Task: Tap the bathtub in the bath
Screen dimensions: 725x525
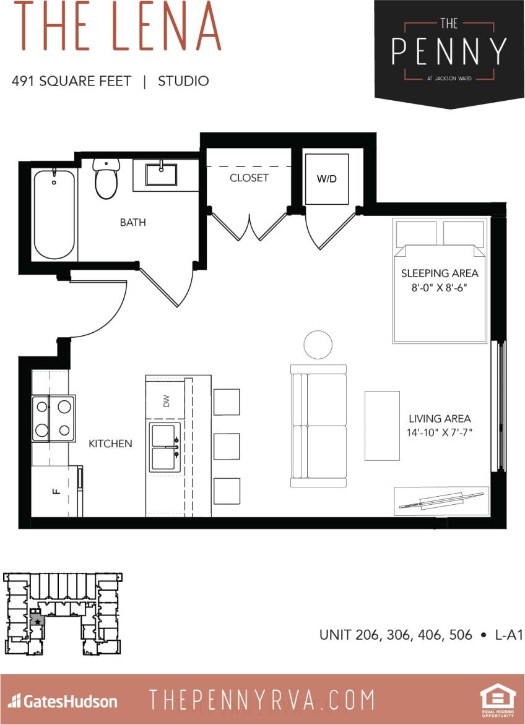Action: pyautogui.click(x=54, y=213)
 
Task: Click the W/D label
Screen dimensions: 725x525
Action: pyautogui.click(x=327, y=179)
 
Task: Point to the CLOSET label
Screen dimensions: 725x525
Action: pyautogui.click(x=249, y=178)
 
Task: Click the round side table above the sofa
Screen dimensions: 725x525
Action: pyautogui.click(x=318, y=345)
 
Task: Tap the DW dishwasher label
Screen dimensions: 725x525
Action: pyautogui.click(x=166, y=401)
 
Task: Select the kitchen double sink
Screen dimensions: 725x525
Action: pyautogui.click(x=163, y=448)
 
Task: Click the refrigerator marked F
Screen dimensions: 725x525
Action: pyautogui.click(x=56, y=492)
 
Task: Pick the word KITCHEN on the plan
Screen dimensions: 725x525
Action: pyautogui.click(x=110, y=444)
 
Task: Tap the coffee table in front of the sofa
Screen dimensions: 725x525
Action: pyautogui.click(x=382, y=426)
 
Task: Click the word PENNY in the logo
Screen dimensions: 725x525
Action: pyautogui.click(x=449, y=52)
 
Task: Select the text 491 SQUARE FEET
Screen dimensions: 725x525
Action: pyautogui.click(x=71, y=81)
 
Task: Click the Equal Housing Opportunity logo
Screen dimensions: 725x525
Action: pyautogui.click(x=497, y=701)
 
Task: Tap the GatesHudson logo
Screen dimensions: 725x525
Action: pyautogui.click(x=63, y=701)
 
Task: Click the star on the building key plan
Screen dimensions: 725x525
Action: pyautogui.click(x=37, y=620)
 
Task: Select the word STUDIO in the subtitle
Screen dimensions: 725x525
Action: pyautogui.click(x=183, y=81)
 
